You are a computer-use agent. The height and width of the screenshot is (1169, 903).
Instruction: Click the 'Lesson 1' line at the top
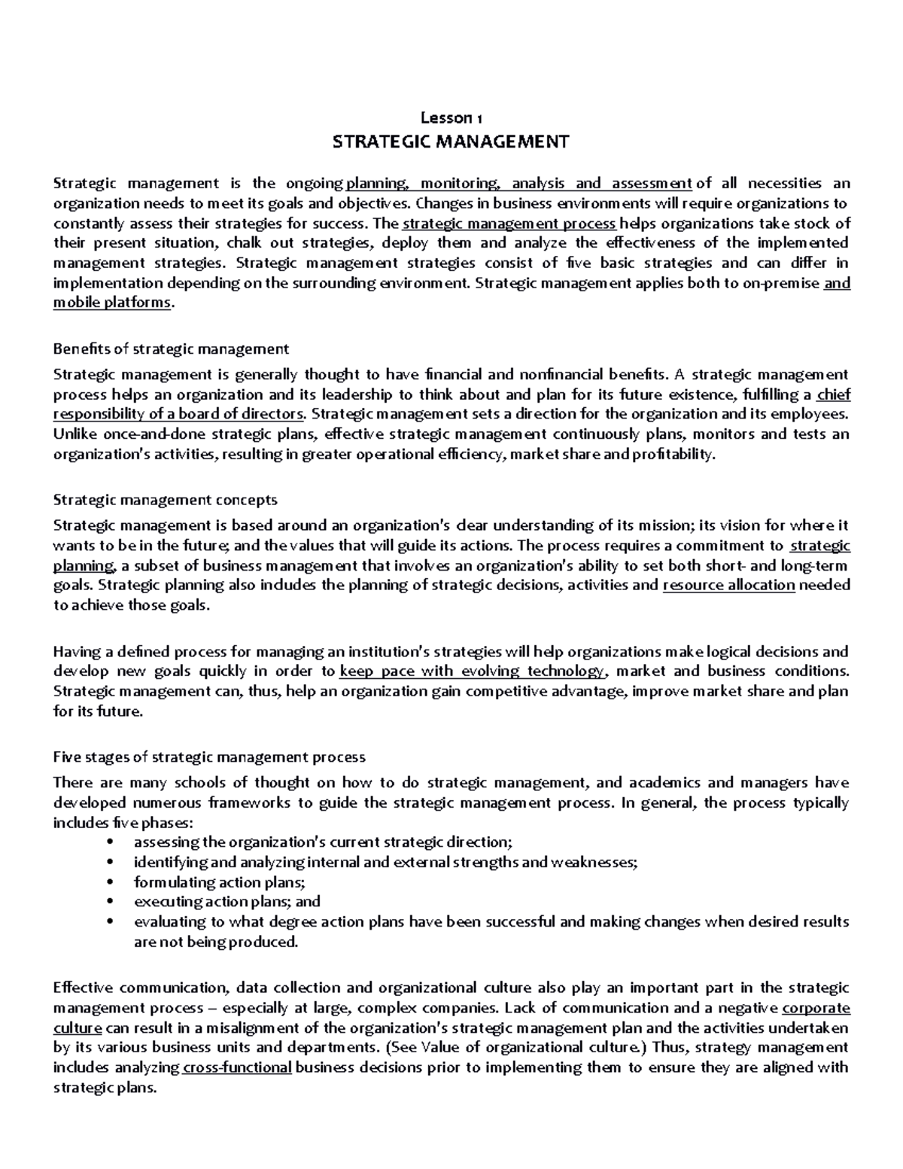[x=451, y=117]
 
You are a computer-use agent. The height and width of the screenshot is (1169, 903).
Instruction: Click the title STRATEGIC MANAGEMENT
[x=451, y=142]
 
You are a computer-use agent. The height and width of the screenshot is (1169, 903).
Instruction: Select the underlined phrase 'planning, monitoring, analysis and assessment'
[x=518, y=183]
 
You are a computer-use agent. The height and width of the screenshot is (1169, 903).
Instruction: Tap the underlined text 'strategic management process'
[x=510, y=223]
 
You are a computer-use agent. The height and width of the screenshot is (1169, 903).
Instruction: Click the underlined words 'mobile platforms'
[x=112, y=303]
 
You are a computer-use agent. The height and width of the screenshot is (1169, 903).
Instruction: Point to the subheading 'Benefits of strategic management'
[x=171, y=349]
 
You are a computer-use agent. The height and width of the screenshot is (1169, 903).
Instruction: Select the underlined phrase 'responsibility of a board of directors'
[x=180, y=413]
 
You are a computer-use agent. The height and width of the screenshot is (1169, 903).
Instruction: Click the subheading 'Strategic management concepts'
[x=166, y=500]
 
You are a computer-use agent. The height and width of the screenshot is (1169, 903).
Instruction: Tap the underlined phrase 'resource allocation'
[x=728, y=586]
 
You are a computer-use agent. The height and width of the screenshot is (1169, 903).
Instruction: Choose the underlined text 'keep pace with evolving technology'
[x=472, y=671]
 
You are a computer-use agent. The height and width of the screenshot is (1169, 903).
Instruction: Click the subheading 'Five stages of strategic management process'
[x=209, y=757]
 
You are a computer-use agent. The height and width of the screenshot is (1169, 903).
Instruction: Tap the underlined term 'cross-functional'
[x=237, y=1067]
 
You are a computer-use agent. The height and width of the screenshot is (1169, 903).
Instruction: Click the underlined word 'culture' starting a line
[x=78, y=1027]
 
